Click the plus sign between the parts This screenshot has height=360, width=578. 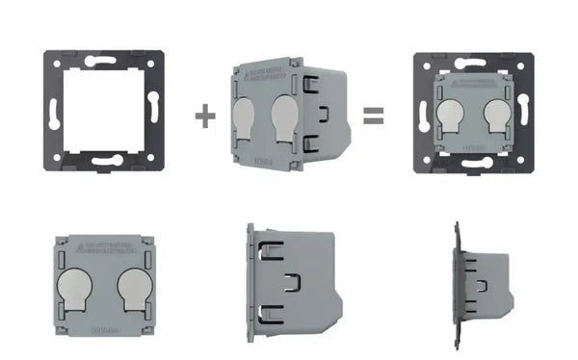point(204,116)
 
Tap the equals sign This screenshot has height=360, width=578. point(373,116)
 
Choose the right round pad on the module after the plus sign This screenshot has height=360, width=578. point(286,116)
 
